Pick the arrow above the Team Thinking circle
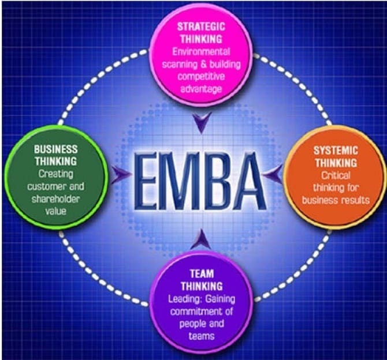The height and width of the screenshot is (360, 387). (x=200, y=238)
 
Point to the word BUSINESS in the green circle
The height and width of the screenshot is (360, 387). (x=55, y=148)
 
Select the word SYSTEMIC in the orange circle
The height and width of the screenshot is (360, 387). (x=336, y=151)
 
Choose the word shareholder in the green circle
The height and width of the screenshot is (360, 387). (x=55, y=199)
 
